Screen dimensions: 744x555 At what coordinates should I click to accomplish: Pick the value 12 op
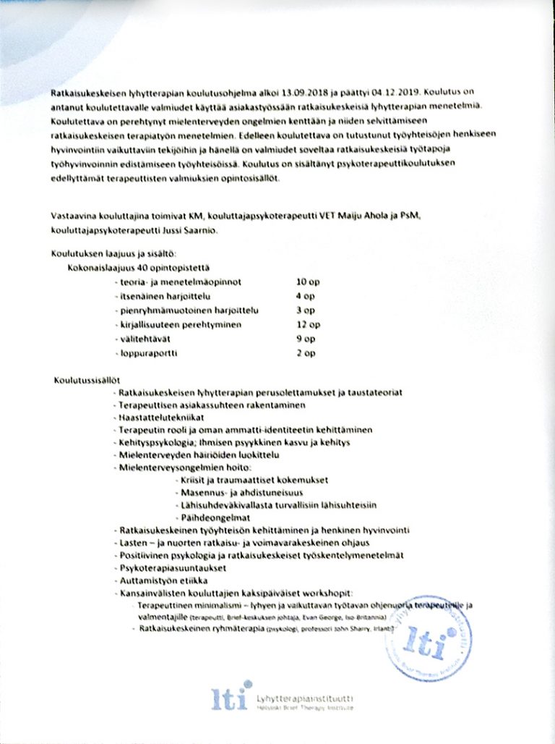tap(308, 325)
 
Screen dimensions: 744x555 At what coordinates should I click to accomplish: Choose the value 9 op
tap(306, 339)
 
